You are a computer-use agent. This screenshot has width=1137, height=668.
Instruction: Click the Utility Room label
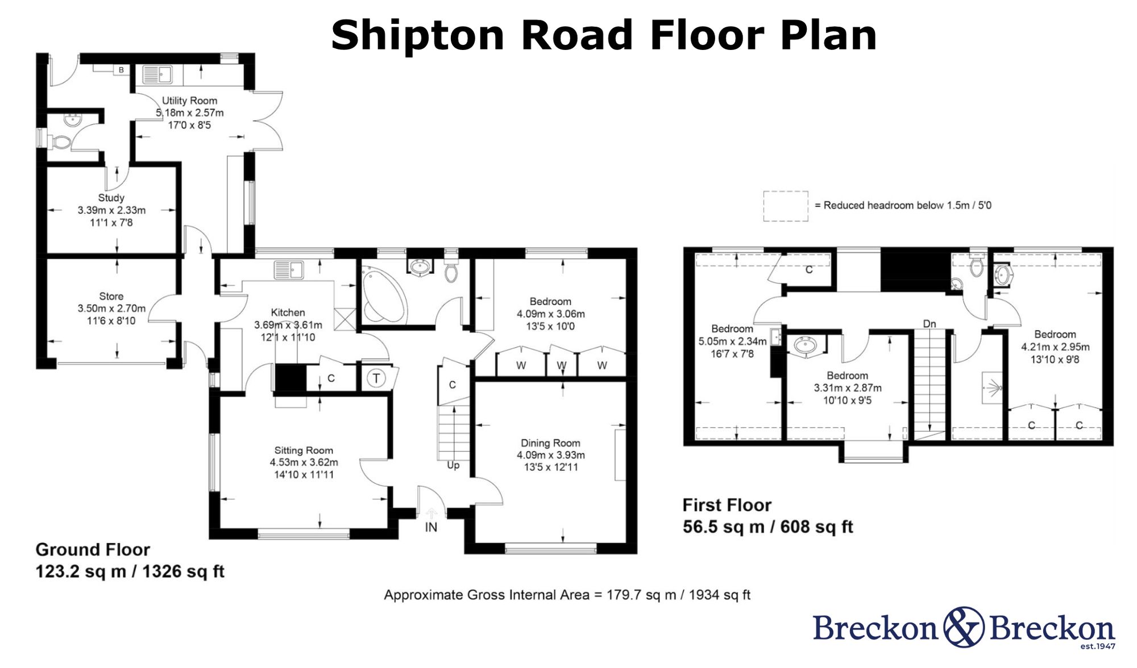point(189,101)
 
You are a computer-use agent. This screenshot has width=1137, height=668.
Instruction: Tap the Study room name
point(111,198)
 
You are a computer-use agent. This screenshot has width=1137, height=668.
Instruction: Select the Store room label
point(111,296)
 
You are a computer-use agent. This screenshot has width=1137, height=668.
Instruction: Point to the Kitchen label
point(288,312)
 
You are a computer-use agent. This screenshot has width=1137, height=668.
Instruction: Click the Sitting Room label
point(304,450)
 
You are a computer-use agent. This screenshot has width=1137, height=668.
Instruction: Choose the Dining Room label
point(550,443)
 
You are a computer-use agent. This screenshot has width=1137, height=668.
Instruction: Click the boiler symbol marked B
point(121,70)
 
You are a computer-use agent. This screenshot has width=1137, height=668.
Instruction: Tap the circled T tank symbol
point(376,378)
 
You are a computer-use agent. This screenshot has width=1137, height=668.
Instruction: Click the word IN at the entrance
point(431,527)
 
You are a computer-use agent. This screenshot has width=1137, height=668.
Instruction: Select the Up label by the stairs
point(453,465)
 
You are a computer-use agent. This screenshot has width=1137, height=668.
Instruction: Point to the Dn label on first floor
point(929,324)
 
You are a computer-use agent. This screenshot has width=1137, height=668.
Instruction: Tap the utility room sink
point(157,74)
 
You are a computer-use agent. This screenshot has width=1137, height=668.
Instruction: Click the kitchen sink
point(289,270)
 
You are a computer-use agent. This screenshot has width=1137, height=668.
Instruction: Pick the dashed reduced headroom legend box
point(785,206)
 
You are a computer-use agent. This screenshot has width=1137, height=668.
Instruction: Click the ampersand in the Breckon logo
point(964,627)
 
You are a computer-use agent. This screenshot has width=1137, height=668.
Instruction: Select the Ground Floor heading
point(93,550)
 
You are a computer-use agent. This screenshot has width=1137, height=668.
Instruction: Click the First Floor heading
point(727,505)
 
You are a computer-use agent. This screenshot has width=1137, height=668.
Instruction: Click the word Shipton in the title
point(418,35)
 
